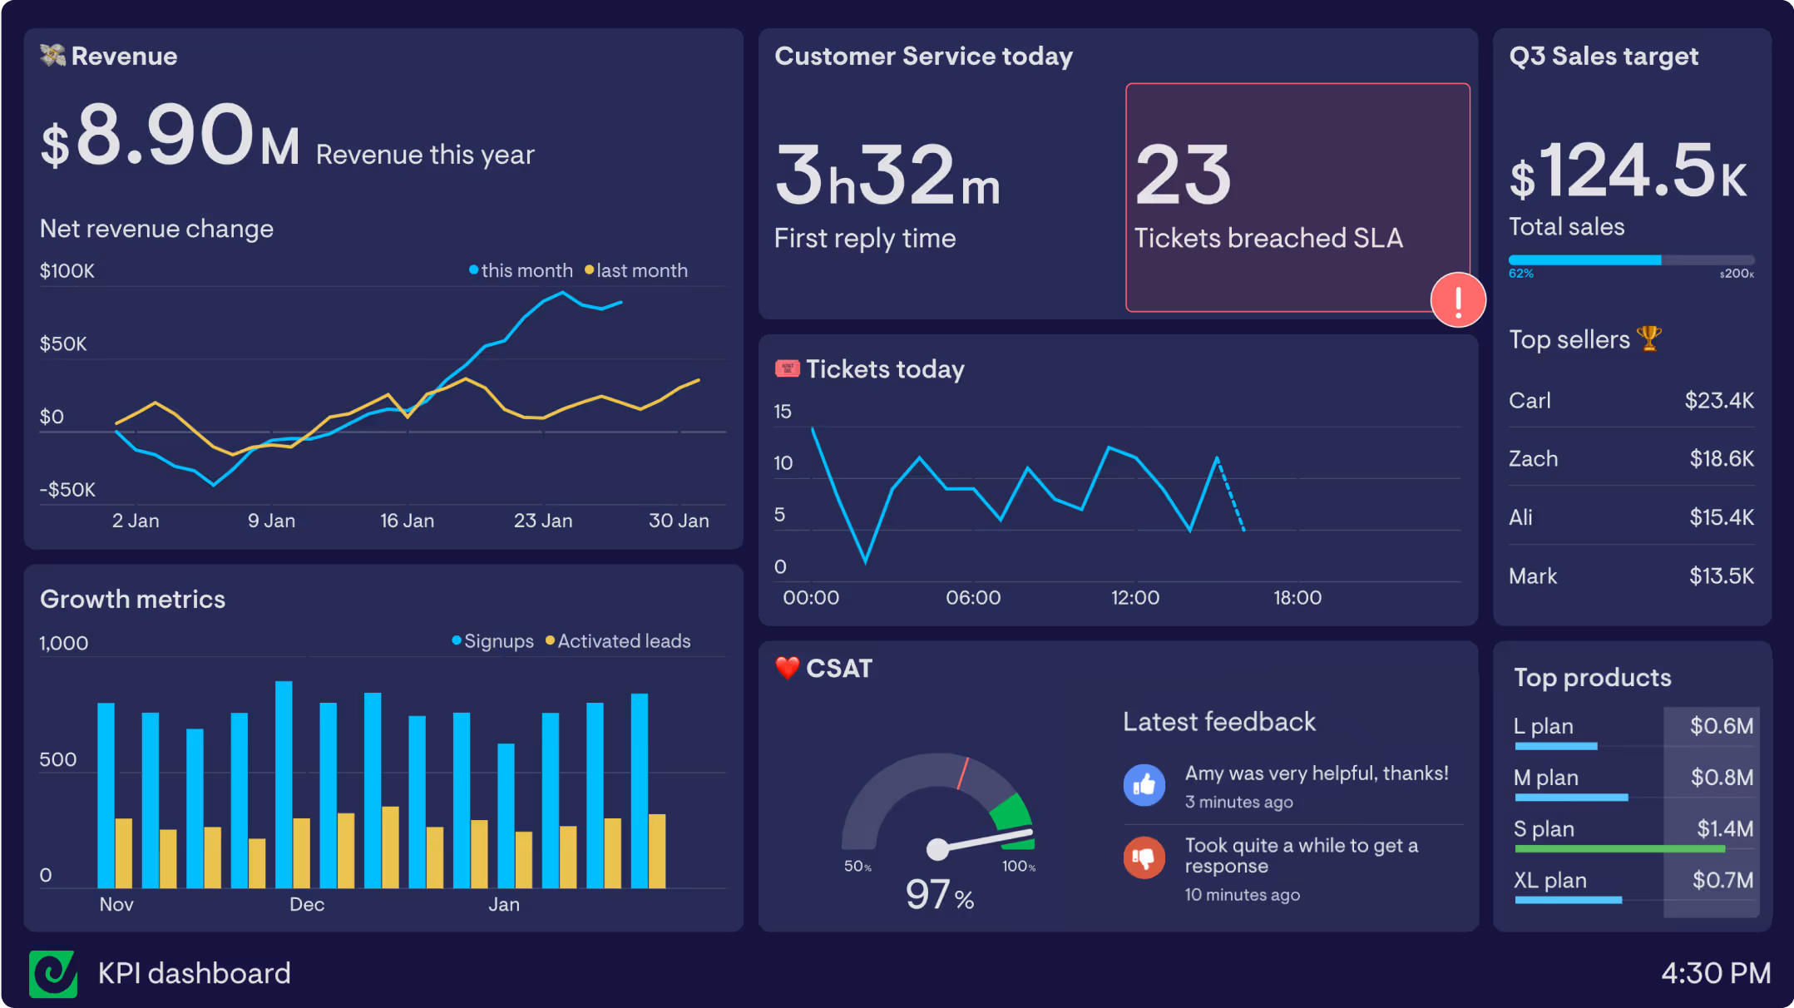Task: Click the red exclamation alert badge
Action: point(1458,300)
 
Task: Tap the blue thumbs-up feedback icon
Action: point(1144,784)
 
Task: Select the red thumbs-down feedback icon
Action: point(1144,857)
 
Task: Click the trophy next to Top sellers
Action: point(1648,338)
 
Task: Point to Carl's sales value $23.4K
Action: point(1719,401)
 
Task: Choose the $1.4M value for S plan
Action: point(1725,828)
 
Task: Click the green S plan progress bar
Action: point(1619,849)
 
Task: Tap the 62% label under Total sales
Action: point(1521,274)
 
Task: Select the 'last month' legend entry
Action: point(636,271)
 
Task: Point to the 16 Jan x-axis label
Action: point(407,521)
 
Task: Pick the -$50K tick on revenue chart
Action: point(67,490)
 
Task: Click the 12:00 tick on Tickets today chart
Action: point(1134,598)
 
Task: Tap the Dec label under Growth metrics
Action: point(307,905)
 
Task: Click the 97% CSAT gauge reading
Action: point(940,895)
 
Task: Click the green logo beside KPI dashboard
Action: point(53,973)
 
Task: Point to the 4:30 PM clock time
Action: point(1716,973)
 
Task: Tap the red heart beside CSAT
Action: point(787,668)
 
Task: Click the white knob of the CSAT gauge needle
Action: point(937,849)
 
